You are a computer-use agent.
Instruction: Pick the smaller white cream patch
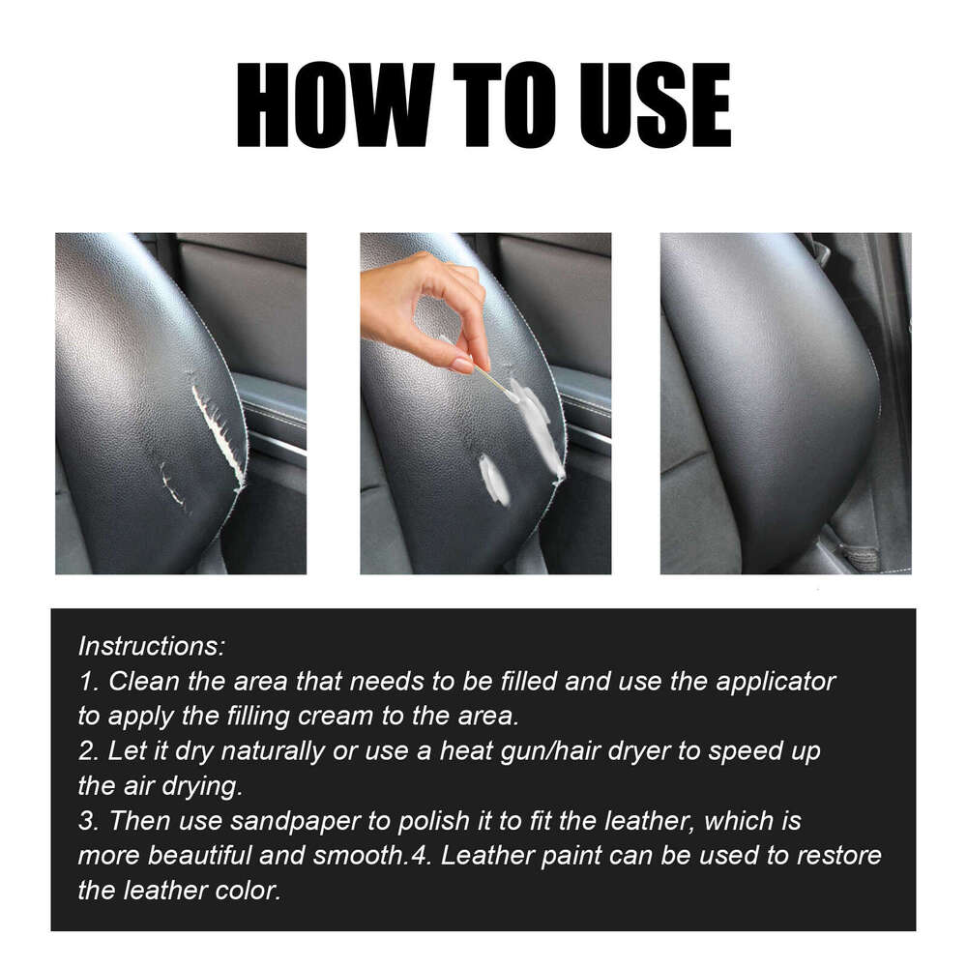(x=494, y=480)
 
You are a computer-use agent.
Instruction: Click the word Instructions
(x=152, y=645)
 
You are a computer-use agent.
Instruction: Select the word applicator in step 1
(x=776, y=681)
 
